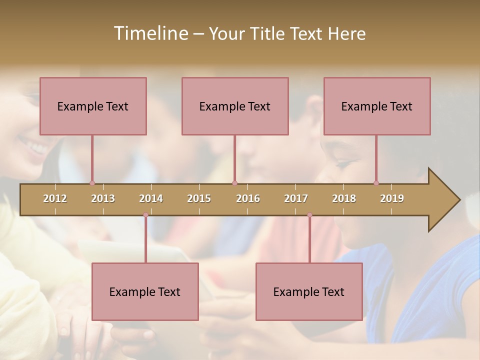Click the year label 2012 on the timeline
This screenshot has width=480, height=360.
tap(55, 198)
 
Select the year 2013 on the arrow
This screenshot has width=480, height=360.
tap(103, 198)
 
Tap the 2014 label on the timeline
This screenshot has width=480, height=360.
tap(151, 198)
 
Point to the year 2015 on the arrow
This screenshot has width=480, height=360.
tap(199, 198)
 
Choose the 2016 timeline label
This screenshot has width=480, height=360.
tap(248, 198)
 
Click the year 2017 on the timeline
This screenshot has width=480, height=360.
tap(296, 198)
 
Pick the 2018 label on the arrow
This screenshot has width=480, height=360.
tap(344, 198)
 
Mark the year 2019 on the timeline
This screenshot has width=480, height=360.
tap(392, 198)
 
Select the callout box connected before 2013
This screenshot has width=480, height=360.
tap(93, 106)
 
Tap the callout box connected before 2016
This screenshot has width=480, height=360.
tap(235, 106)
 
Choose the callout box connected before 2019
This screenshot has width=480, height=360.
tap(377, 106)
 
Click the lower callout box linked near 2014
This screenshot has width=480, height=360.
tap(145, 291)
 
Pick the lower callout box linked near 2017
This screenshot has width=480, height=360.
tap(309, 291)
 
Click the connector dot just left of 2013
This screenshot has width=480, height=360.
tap(92, 183)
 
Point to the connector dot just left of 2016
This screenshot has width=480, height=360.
tap(234, 183)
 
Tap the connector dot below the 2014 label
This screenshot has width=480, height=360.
tap(145, 215)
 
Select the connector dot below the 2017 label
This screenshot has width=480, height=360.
tap(309, 215)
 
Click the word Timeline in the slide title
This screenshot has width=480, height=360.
tap(150, 33)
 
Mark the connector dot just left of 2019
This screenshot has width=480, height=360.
tap(376, 183)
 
